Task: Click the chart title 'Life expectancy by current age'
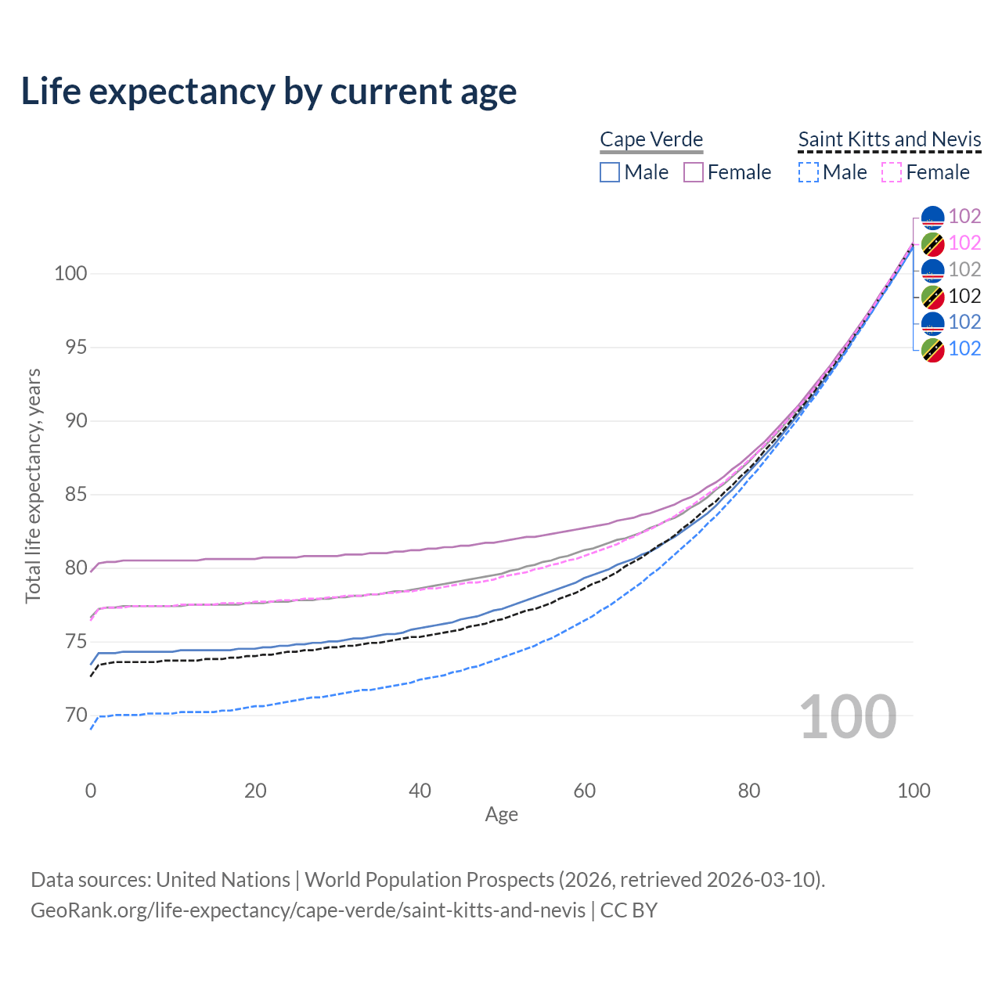[269, 92]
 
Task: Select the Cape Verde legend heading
[651, 139]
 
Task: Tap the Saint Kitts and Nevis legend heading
[889, 139]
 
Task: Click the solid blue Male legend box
[610, 172]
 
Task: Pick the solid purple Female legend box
[694, 172]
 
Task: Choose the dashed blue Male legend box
[809, 172]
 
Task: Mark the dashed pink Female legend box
[892, 172]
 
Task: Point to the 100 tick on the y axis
[70, 274]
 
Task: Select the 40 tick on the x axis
[420, 791]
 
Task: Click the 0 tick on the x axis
[91, 791]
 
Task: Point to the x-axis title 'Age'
[502, 815]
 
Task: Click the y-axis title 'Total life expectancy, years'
[33, 486]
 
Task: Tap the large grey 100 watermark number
[848, 717]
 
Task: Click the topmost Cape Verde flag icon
[932, 217]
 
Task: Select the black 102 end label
[964, 296]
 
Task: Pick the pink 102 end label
[964, 243]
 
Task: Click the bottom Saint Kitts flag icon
[932, 349]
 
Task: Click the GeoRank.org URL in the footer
[308, 910]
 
